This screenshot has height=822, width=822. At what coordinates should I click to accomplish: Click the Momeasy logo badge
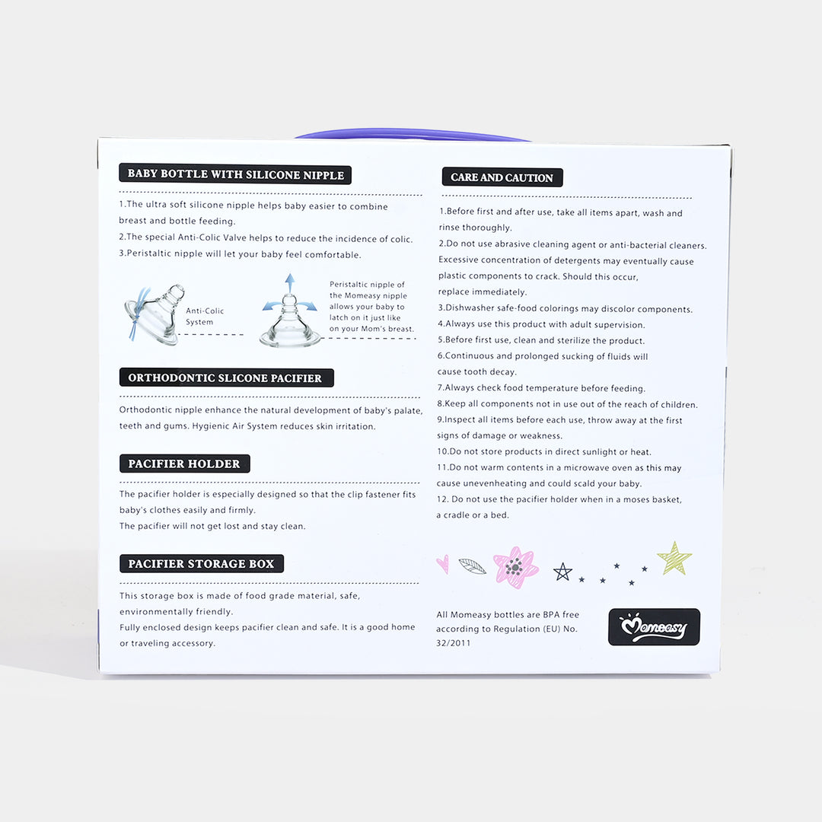coord(654,626)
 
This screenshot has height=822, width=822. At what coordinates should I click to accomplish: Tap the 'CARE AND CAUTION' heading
coord(502,177)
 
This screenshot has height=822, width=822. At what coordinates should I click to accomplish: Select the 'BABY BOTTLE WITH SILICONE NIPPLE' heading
coord(235,174)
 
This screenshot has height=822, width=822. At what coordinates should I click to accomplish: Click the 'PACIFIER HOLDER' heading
coord(184,464)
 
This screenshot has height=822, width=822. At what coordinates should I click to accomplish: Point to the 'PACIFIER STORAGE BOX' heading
coord(201,563)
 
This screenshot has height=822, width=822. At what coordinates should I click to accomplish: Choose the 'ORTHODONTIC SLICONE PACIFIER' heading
coord(227,378)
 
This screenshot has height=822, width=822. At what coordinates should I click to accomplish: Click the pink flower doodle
coord(515,567)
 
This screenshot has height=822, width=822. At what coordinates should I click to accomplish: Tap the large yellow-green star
coord(674,559)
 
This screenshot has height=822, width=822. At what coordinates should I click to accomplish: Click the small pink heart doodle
coord(443,563)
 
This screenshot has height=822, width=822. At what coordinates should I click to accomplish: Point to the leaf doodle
coord(473,566)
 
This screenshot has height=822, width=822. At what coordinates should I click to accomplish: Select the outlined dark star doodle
coord(562,572)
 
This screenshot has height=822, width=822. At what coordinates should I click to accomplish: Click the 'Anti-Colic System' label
coord(205,316)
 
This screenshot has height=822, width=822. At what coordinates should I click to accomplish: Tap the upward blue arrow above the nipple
coord(290,283)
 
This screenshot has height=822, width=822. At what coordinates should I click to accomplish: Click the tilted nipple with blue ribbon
coord(155,314)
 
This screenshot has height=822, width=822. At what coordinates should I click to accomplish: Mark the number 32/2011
coord(454,642)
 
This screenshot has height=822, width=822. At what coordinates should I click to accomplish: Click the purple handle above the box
coord(413,135)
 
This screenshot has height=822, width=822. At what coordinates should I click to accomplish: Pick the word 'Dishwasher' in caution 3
coord(469,308)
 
